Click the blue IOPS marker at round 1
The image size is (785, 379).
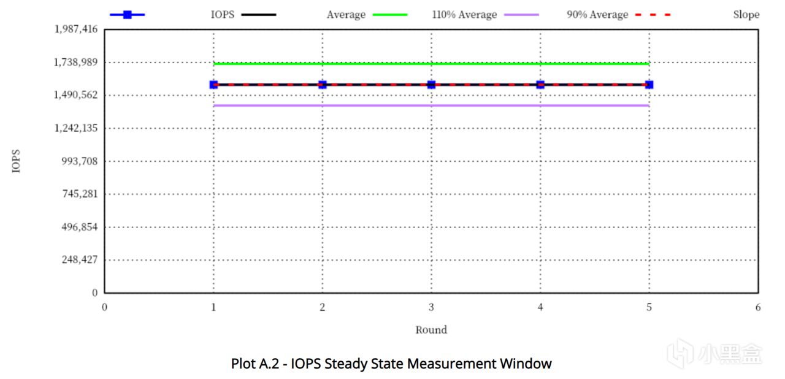click(x=213, y=85)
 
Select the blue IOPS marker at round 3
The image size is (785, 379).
click(x=431, y=85)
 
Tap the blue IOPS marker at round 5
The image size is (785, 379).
click(x=649, y=85)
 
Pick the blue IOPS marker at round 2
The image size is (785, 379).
click(x=323, y=85)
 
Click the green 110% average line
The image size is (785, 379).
click(x=431, y=64)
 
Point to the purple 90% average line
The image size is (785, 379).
click(x=431, y=105)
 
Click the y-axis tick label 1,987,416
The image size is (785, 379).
click(x=75, y=29)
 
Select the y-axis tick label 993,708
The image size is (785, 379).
click(x=80, y=161)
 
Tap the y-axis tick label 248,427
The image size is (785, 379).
click(x=80, y=259)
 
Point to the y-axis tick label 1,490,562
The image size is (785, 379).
click(x=75, y=95)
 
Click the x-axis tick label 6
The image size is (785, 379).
click(x=758, y=307)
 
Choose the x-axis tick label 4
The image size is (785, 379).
click(x=540, y=307)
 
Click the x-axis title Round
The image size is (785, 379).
click(x=431, y=330)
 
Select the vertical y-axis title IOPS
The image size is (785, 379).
click(x=16, y=161)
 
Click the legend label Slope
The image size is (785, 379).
click(x=746, y=15)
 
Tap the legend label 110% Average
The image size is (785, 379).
click(x=464, y=15)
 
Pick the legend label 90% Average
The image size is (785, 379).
click(x=597, y=15)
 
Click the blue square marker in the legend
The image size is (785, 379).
click(x=127, y=15)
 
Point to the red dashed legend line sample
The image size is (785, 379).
click(x=653, y=15)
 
